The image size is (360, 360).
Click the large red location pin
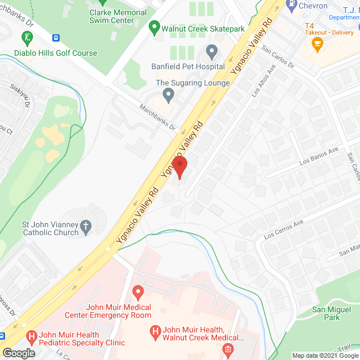click(x=179, y=166)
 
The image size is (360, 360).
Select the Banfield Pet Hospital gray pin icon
click(x=211, y=52)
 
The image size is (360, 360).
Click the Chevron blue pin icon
click(x=291, y=6)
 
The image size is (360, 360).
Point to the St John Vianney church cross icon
click(x=85, y=227)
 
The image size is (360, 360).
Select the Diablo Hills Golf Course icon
click(x=26, y=38)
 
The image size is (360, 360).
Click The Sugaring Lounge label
click(x=192, y=83)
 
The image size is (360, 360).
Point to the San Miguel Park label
click(x=326, y=313)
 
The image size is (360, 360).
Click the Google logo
click(x=19, y=353)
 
